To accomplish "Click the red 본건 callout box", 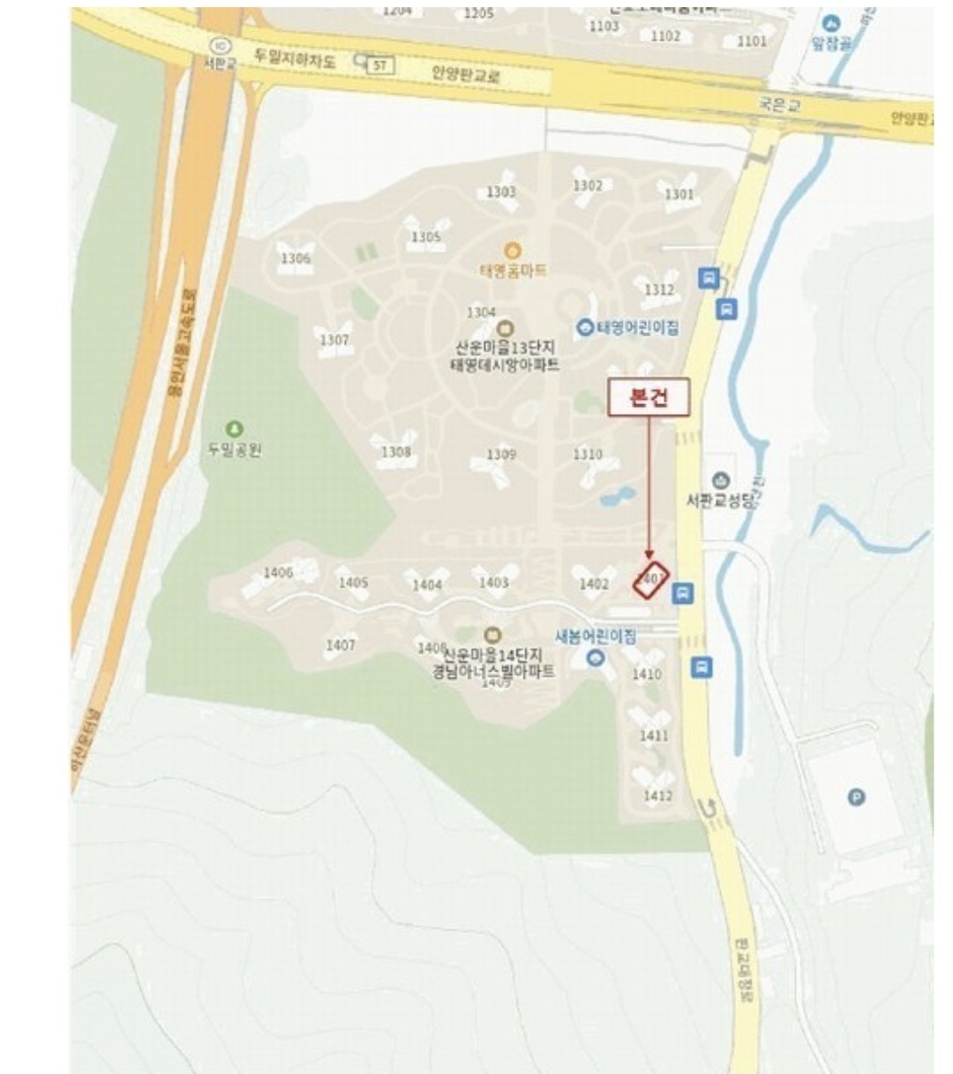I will pos(649,398).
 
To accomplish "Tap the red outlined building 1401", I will pos(651,579).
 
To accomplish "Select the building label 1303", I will pos(500,192).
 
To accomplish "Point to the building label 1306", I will pos(296,259).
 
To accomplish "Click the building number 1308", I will pos(395,452).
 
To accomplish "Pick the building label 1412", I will pos(657,795).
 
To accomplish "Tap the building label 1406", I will pos(278,573).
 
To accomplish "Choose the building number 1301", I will pos(679,194).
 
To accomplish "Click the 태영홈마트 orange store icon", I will pos(513,252).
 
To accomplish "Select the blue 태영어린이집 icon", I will pos(584,328).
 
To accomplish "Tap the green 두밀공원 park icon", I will pos(234,430).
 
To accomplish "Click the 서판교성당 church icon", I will pos(721,481).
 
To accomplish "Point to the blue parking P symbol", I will pos(855,798).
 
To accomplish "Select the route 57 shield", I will pos(379,64).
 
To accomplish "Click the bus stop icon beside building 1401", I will pos(683,593).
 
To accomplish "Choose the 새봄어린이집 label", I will pos(595,636).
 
